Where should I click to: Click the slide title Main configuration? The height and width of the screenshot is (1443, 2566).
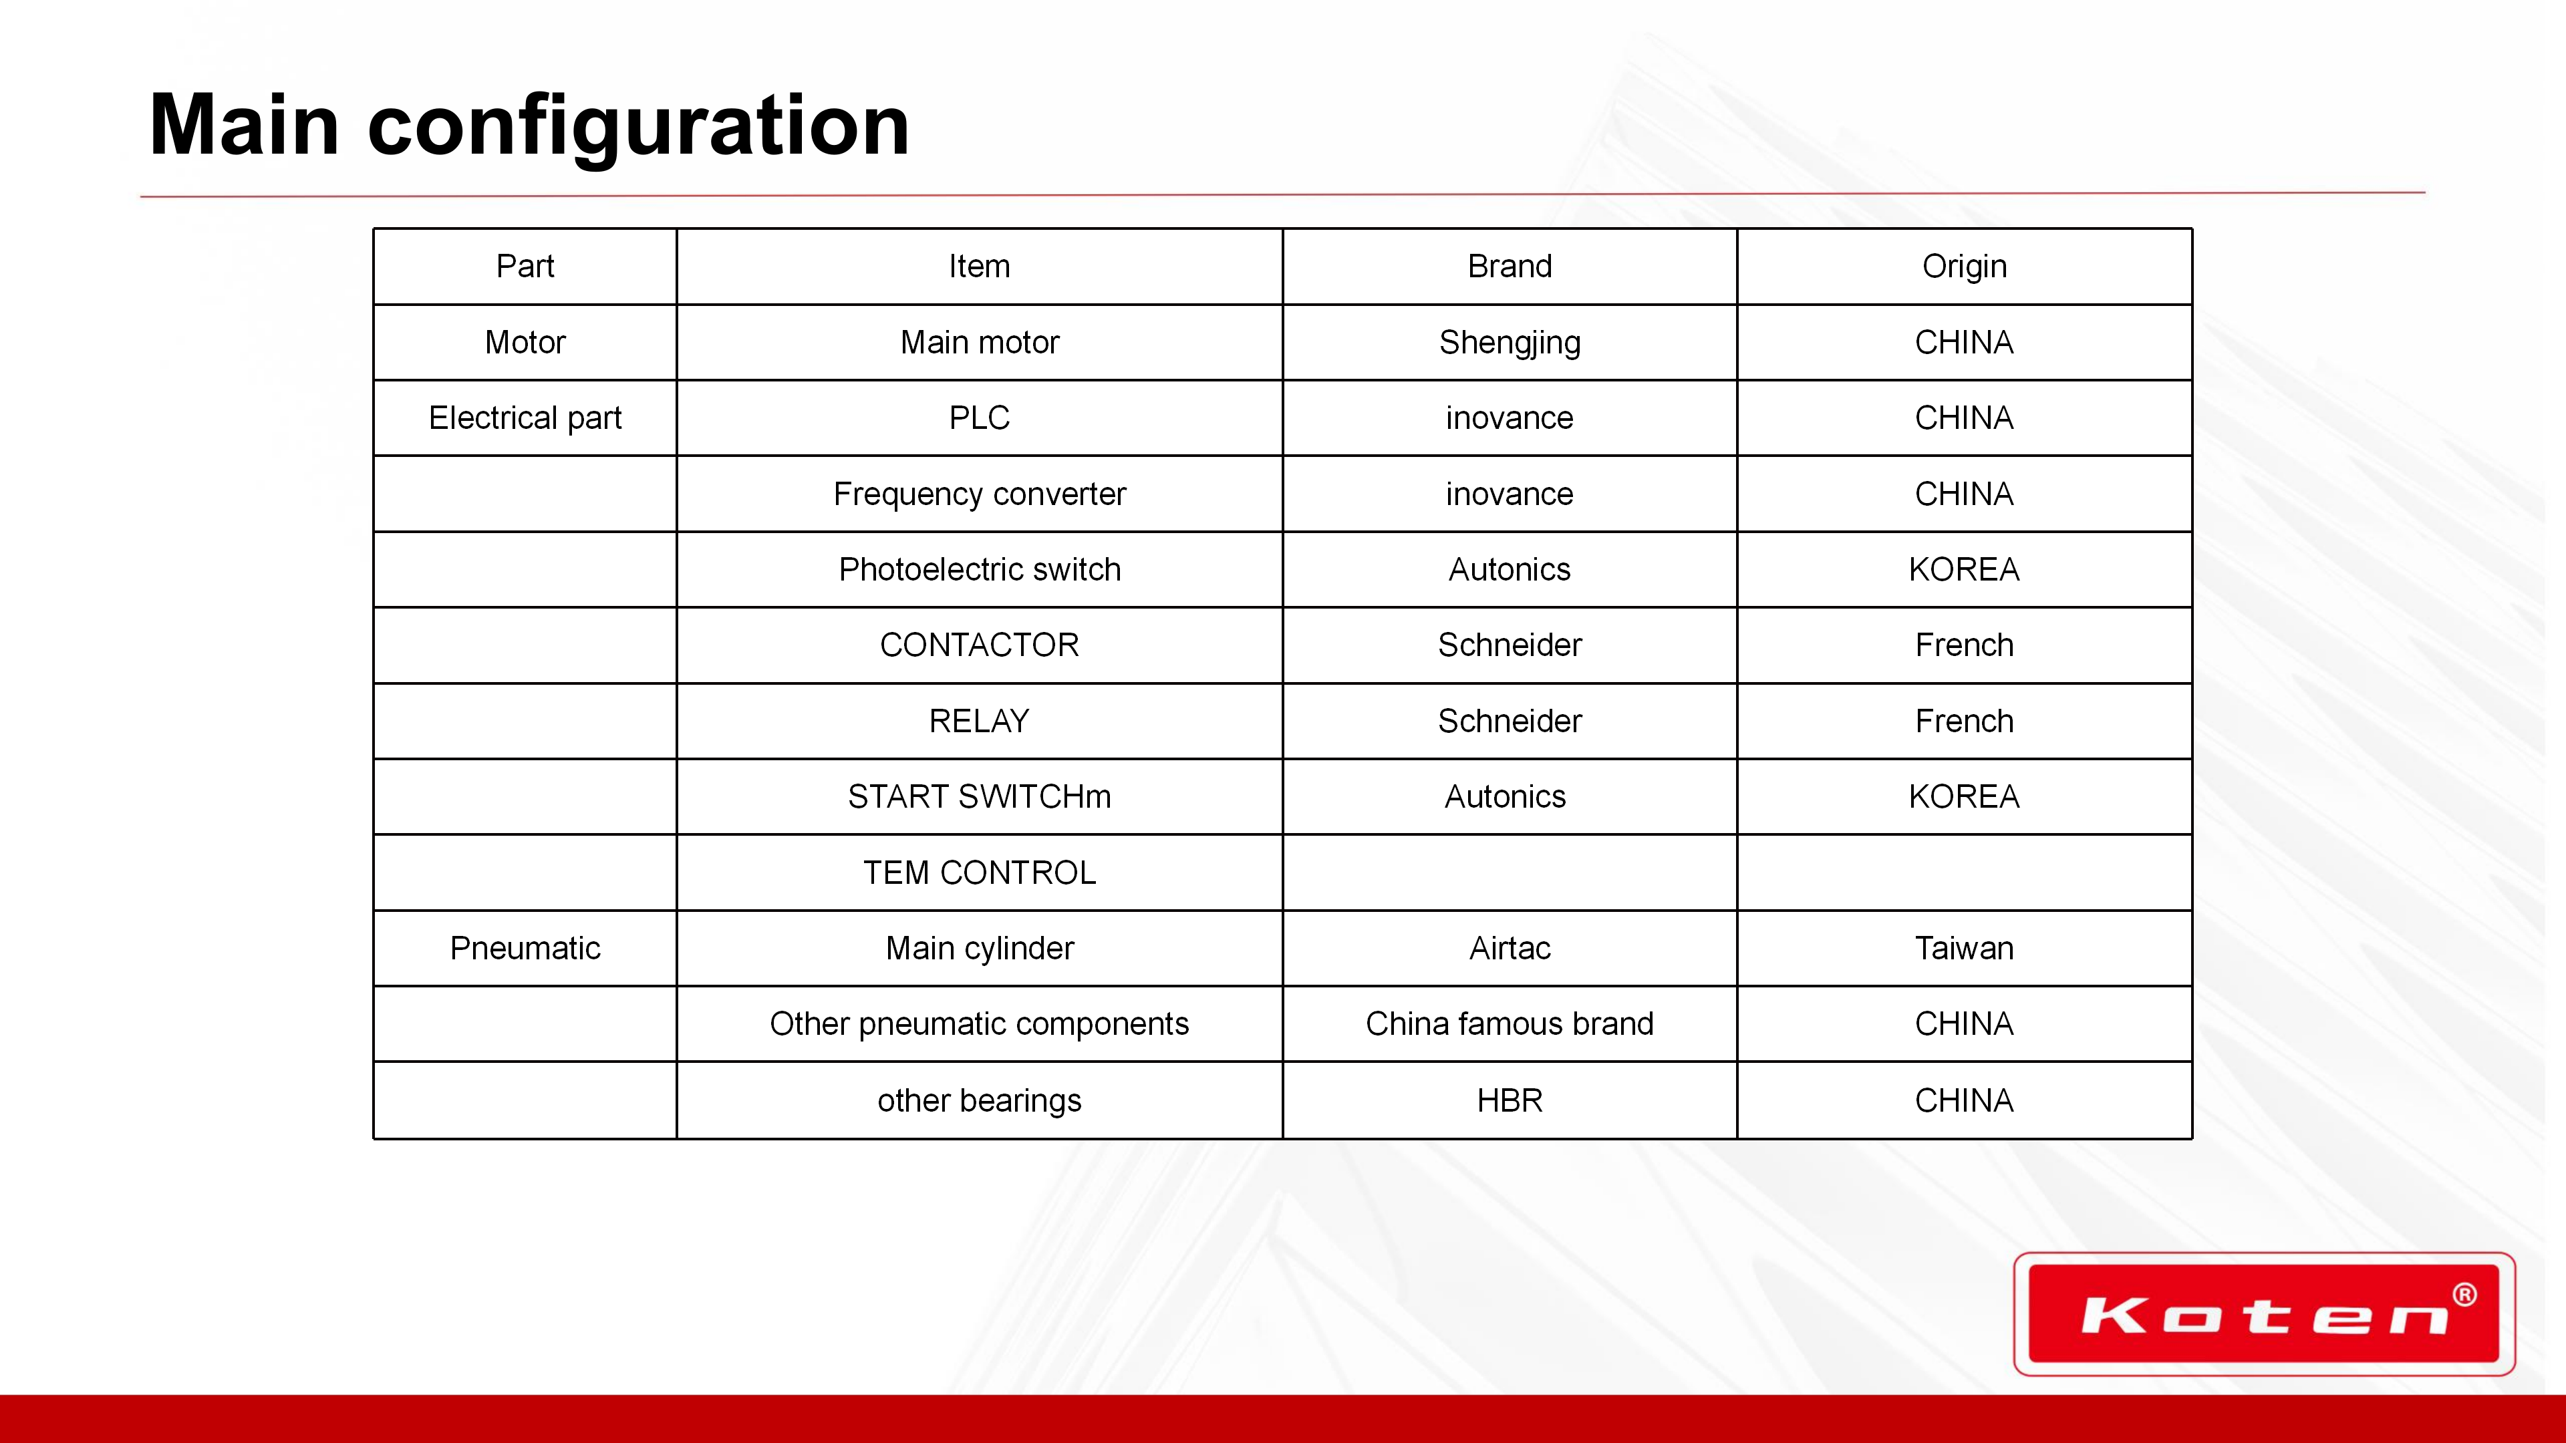(x=529, y=126)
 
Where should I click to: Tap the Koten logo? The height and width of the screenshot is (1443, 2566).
(x=2264, y=1313)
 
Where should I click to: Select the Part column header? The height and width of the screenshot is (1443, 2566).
(x=525, y=266)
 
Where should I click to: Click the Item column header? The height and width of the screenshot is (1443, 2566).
(x=979, y=266)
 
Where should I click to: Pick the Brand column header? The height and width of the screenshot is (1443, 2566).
(x=1509, y=266)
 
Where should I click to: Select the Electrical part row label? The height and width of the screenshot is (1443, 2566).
(x=525, y=418)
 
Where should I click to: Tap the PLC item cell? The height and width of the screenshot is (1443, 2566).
(x=979, y=418)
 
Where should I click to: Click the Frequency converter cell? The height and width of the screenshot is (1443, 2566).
(x=979, y=494)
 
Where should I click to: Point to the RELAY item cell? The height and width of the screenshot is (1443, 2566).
(x=979, y=721)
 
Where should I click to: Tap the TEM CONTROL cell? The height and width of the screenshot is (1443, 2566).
(x=979, y=872)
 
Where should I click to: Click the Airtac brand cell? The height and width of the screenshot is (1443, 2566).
(x=1509, y=948)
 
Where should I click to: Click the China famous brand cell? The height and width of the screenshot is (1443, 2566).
(x=1509, y=1023)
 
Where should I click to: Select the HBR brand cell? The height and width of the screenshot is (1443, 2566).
(x=1509, y=1100)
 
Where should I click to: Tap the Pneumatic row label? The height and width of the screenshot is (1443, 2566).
(x=525, y=948)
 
